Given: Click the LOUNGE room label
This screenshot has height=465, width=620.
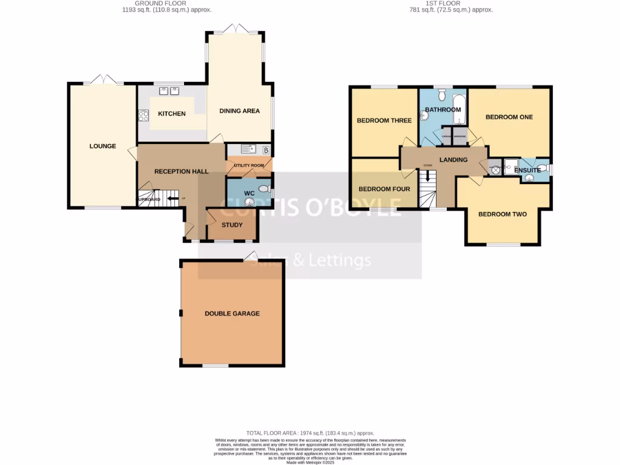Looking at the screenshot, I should [x=102, y=146].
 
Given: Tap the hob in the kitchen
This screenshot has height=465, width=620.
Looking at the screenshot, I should [x=143, y=114].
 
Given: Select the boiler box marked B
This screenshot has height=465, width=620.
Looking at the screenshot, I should [x=266, y=150].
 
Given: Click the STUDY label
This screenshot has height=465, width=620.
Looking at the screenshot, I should [x=232, y=225].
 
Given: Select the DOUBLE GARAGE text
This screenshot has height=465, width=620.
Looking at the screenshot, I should [x=232, y=314].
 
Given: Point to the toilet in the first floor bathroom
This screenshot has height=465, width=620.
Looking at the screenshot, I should [x=441, y=94].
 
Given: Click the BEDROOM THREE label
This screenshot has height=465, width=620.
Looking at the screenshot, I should [x=384, y=120].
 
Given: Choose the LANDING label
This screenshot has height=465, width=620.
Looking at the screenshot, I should [x=453, y=160].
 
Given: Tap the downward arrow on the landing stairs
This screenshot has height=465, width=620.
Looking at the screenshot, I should [x=427, y=176].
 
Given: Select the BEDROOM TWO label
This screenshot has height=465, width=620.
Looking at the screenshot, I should [x=503, y=214].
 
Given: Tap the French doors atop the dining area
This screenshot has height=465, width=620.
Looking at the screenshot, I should [x=235, y=28].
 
